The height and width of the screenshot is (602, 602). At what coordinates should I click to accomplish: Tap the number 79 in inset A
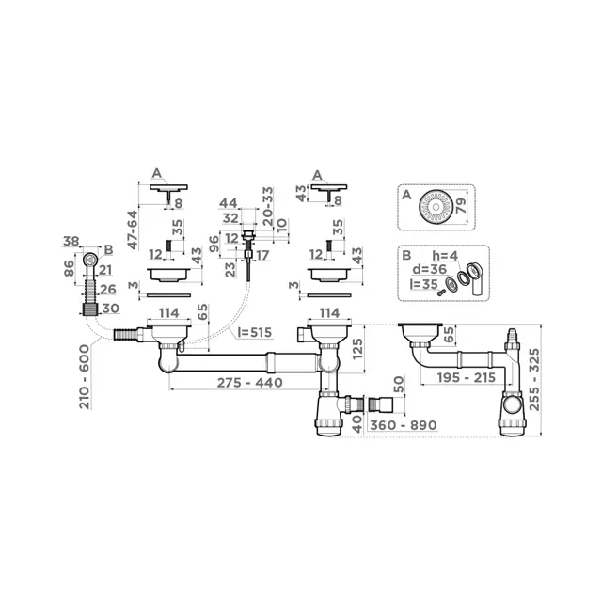[462, 204]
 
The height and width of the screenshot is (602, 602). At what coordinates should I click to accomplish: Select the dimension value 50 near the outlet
[400, 386]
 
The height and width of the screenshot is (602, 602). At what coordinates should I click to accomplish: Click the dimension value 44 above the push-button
[229, 204]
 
